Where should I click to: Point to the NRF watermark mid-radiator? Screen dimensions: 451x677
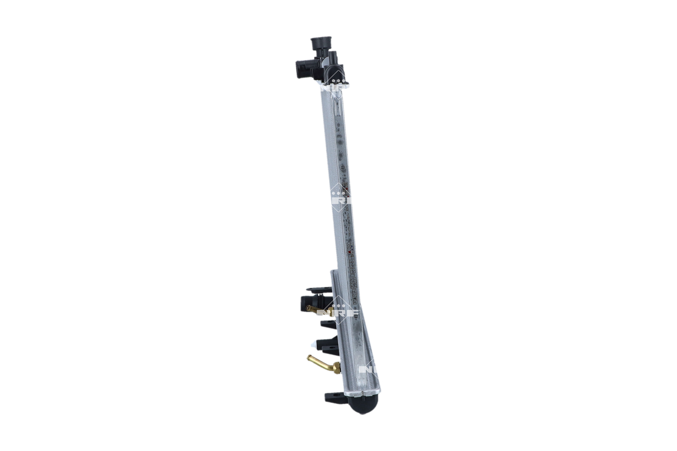[x=342, y=198]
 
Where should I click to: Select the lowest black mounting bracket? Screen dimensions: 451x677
[x=334, y=398]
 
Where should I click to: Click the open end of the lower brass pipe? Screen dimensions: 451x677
[x=310, y=358]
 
